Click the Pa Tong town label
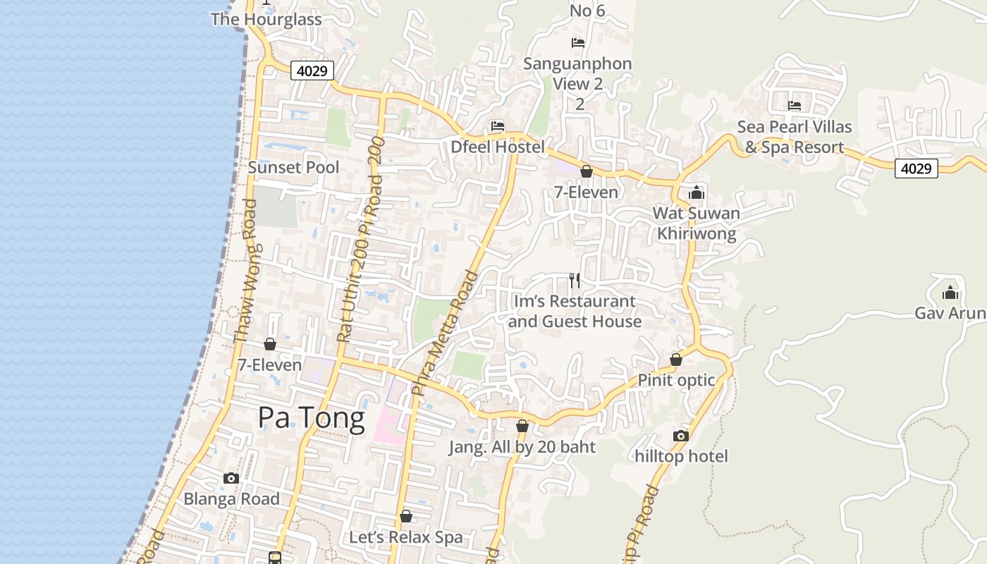point(311,417)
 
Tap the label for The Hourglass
point(266,19)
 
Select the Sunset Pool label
point(293,167)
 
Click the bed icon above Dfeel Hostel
point(498,126)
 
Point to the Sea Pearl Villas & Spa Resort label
point(795,137)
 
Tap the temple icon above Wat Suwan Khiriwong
point(697,192)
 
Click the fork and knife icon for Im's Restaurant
point(575,281)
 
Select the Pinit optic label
point(676,380)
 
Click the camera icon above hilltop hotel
point(680,436)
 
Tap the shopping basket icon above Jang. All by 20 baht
point(522,426)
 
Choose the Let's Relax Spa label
point(406,537)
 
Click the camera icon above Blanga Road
point(231,478)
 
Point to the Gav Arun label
point(950,312)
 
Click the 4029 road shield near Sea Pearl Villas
point(916,168)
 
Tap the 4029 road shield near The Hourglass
point(312,70)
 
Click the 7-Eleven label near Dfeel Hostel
point(585,192)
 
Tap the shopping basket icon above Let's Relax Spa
point(405,517)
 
